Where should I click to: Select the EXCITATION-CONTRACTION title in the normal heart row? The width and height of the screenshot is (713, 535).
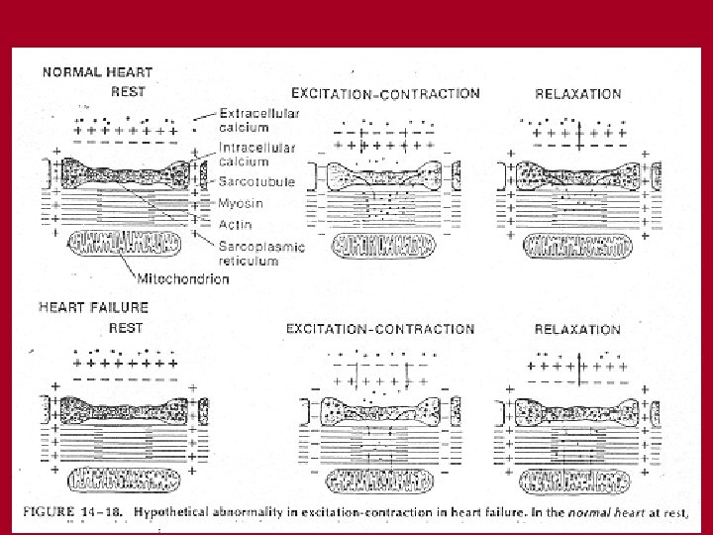[384, 94]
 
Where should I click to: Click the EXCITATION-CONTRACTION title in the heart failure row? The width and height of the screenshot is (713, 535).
[379, 329]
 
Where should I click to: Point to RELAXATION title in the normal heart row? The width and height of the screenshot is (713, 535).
[577, 95]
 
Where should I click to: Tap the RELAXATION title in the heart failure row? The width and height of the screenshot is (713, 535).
[576, 329]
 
